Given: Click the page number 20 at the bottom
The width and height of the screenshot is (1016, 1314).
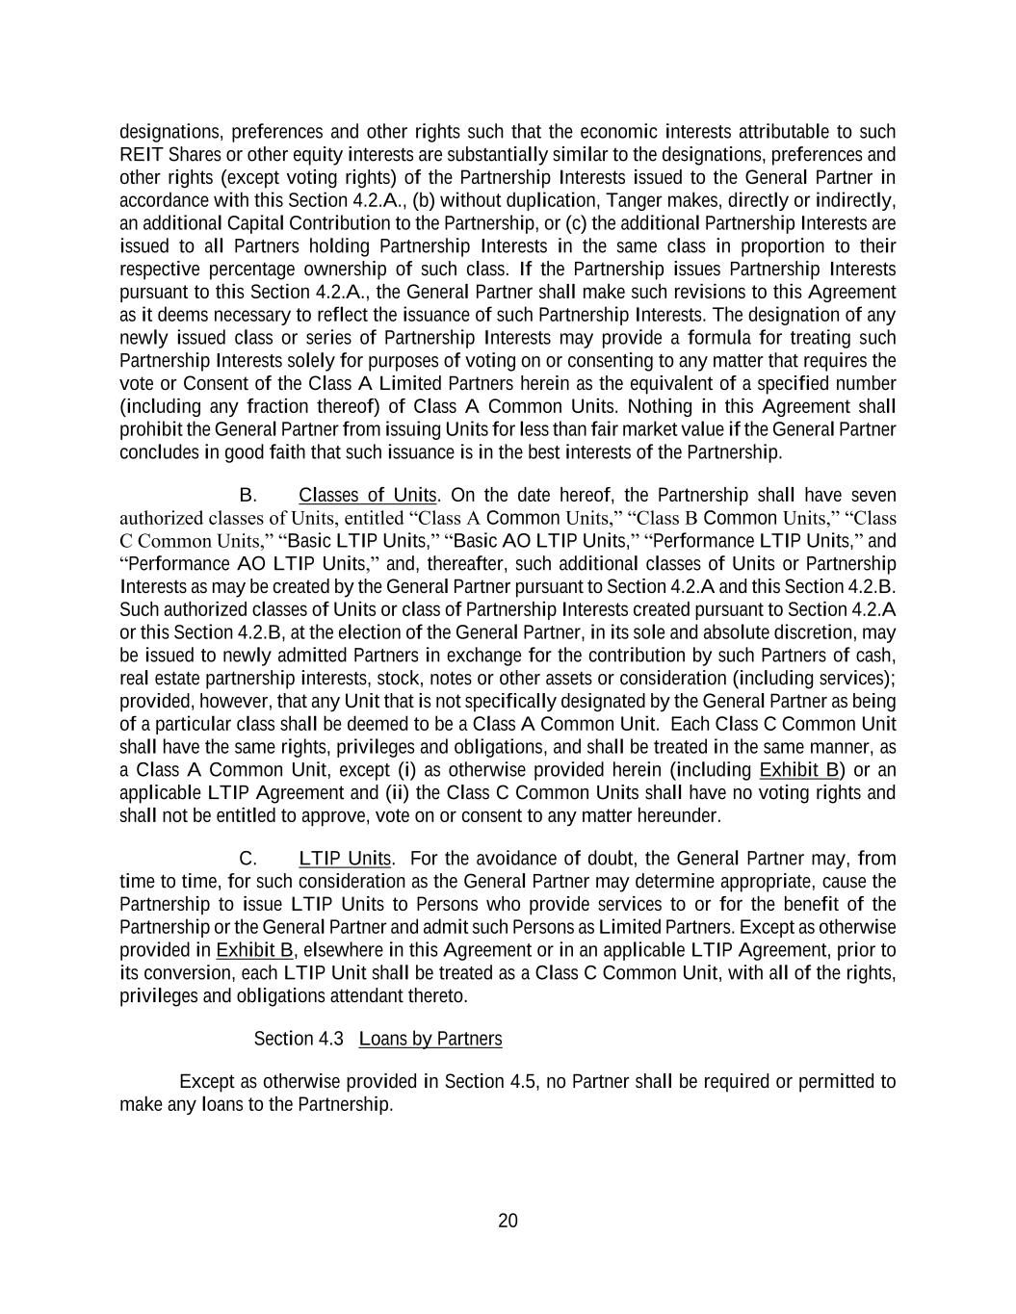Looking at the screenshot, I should pyautogui.click(x=508, y=1221).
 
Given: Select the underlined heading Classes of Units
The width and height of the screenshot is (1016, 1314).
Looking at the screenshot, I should pyautogui.click(x=368, y=495).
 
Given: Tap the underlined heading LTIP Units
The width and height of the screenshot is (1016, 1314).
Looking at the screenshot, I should pyautogui.click(x=344, y=858).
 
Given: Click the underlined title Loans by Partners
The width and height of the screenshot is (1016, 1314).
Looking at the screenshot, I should pyautogui.click(x=430, y=1039).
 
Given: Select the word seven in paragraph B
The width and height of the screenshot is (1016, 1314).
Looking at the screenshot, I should pyautogui.click(x=873, y=495).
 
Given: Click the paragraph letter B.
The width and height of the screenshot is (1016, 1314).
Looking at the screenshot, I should pyautogui.click(x=247, y=495).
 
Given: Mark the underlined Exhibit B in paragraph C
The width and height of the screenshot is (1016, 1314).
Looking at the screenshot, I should pyautogui.click(x=254, y=950).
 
